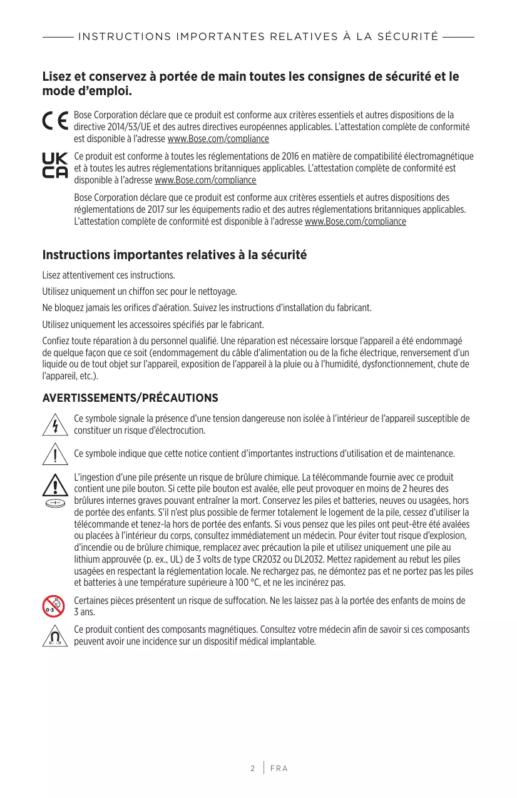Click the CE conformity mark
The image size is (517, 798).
point(55,121)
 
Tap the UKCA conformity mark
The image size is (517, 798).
point(54,166)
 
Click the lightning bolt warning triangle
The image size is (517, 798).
point(55,424)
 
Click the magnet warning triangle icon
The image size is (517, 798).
point(55,635)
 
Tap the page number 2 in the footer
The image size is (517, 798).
point(253,768)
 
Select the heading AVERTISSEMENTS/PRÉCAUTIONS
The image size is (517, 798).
point(130,398)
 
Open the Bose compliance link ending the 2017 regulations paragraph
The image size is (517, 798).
point(355,222)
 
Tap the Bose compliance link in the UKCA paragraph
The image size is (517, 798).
point(205,180)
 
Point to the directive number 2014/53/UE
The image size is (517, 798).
point(115,127)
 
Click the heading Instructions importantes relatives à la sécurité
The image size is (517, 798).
point(174,255)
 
